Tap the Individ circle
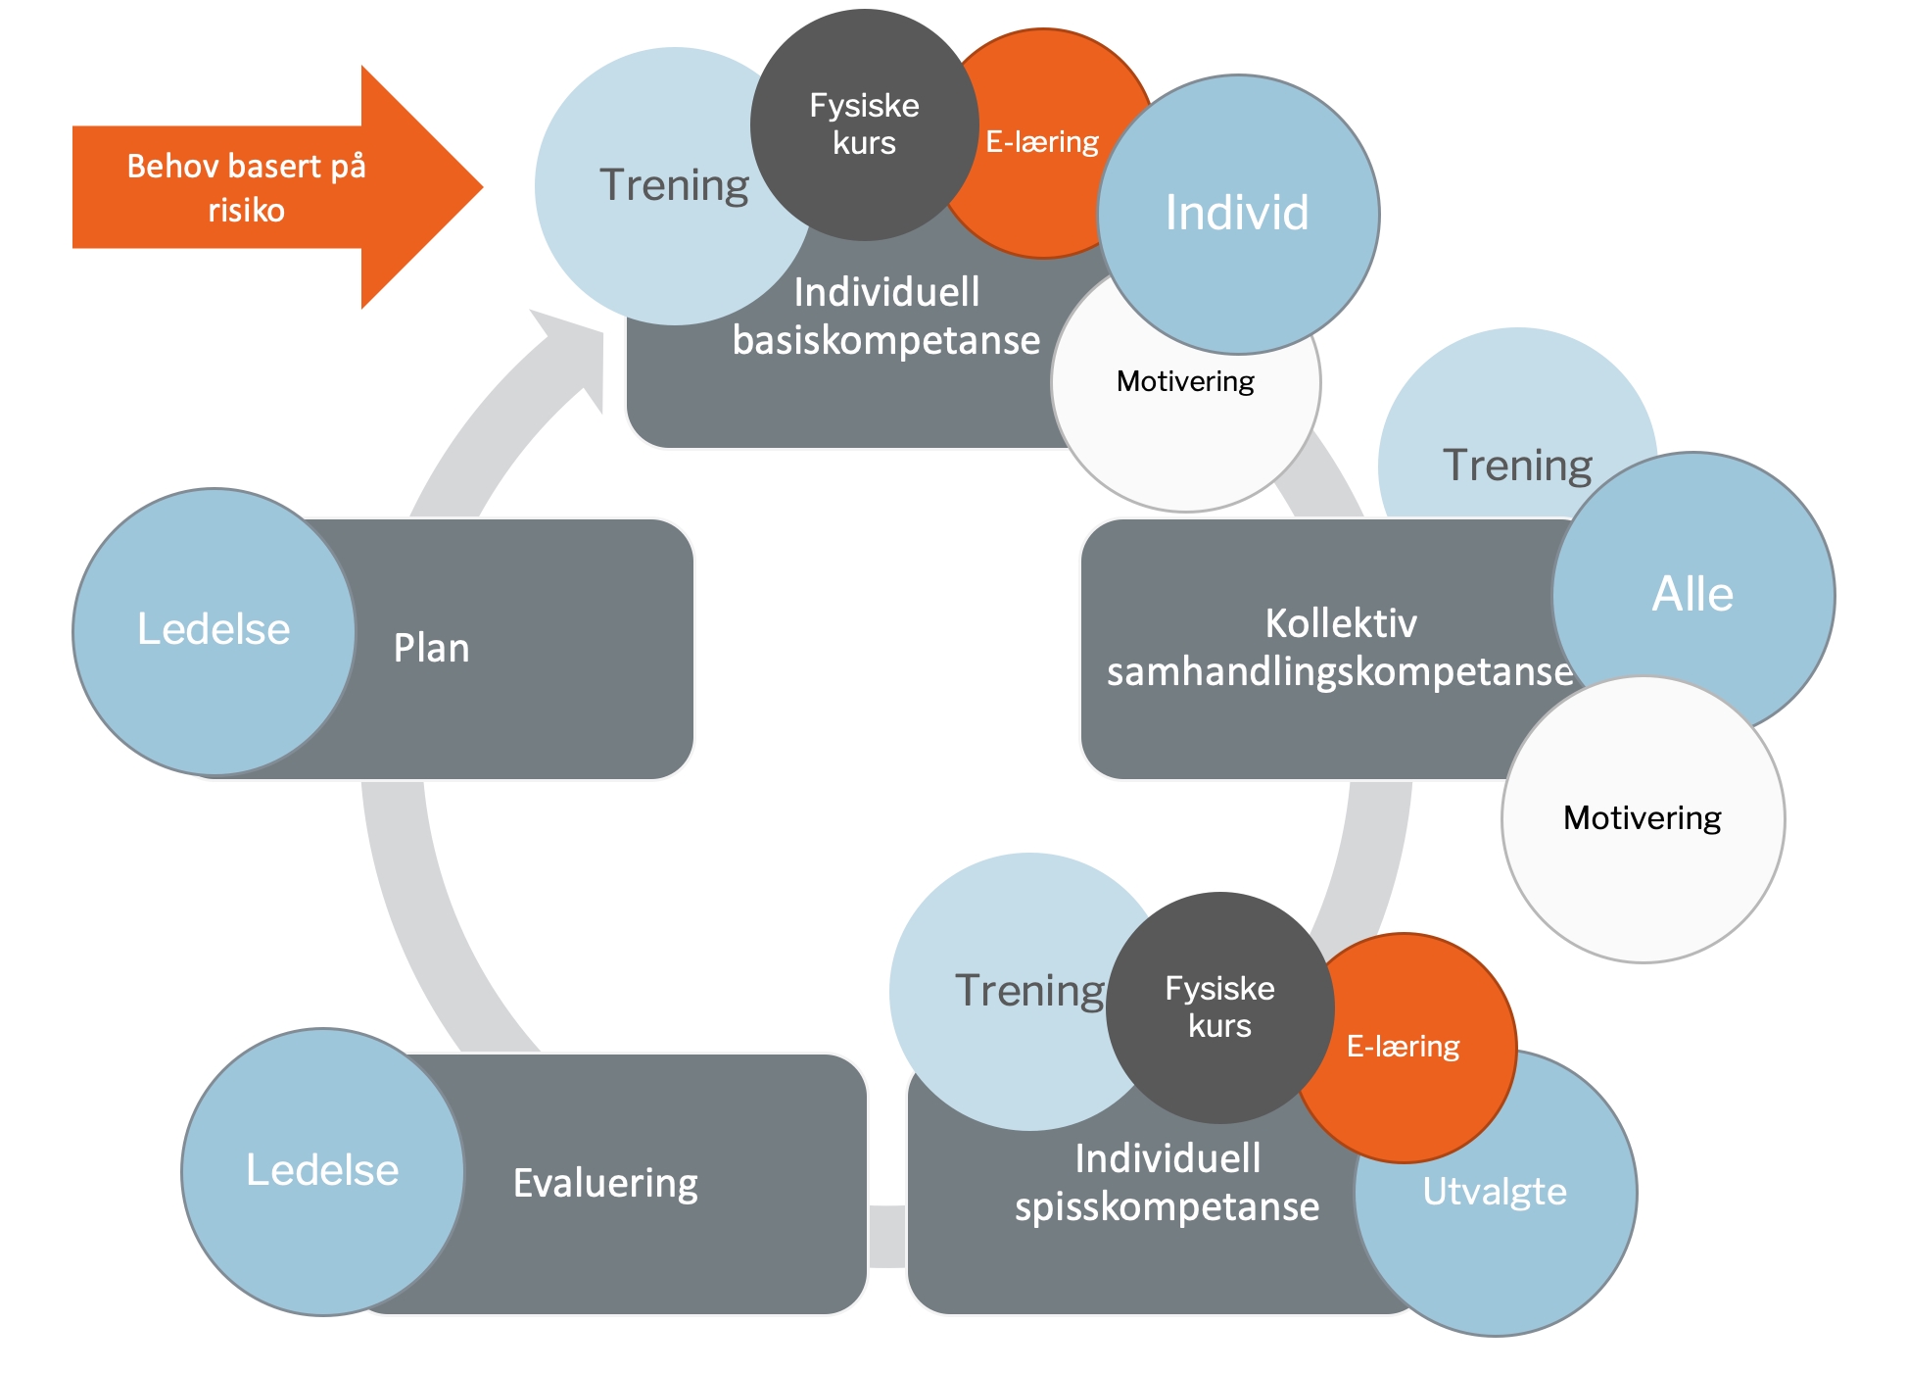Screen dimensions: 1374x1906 [1238, 214]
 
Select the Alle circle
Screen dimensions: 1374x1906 [1693, 594]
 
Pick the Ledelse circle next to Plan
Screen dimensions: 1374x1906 [214, 630]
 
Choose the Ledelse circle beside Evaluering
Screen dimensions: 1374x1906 [322, 1170]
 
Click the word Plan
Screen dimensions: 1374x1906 [432, 649]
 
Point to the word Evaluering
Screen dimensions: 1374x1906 [605, 1183]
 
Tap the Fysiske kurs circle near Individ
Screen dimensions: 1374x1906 [864, 124]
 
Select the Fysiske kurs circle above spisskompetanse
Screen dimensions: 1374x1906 [1219, 1007]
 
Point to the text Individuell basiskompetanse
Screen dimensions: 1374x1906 [886, 317]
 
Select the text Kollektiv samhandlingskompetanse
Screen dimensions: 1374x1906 [1340, 648]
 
